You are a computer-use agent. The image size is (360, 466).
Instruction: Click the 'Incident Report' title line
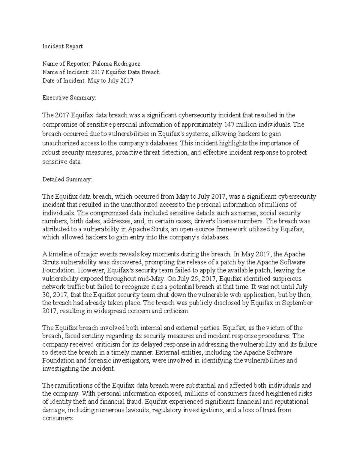coord(62,47)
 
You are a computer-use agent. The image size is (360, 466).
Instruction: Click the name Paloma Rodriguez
coord(116,64)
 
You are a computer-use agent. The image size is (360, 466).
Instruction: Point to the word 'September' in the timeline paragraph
coord(297,303)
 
